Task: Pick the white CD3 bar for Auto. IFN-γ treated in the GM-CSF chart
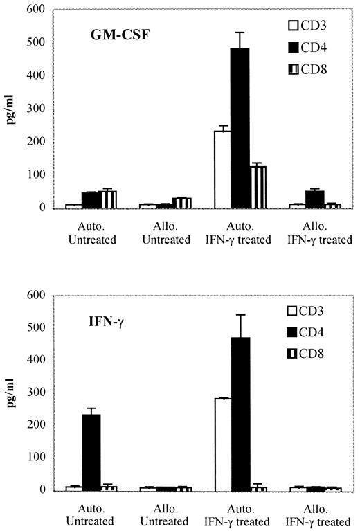pos(222,170)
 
